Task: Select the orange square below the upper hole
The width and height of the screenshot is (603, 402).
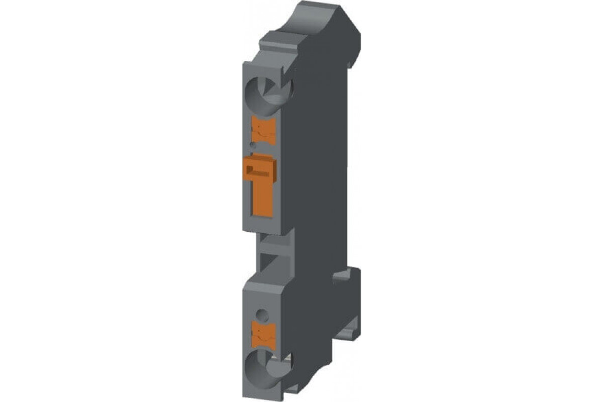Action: pos(262,129)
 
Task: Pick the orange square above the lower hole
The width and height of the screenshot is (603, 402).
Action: pos(262,335)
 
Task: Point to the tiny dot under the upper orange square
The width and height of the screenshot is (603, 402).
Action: pos(253,146)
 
